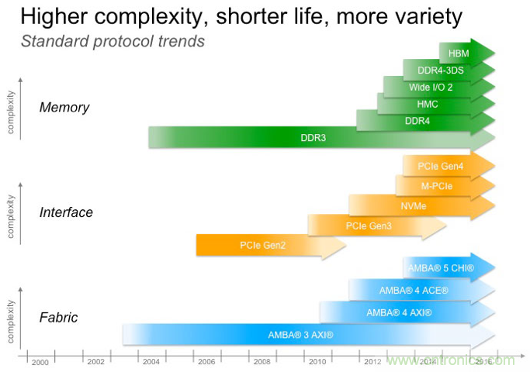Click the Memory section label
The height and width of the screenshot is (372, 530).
[64, 107]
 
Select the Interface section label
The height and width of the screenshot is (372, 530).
[66, 212]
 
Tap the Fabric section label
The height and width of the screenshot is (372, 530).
[59, 318]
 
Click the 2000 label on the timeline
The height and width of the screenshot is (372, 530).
[40, 362]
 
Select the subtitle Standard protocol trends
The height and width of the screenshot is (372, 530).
[113, 41]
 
